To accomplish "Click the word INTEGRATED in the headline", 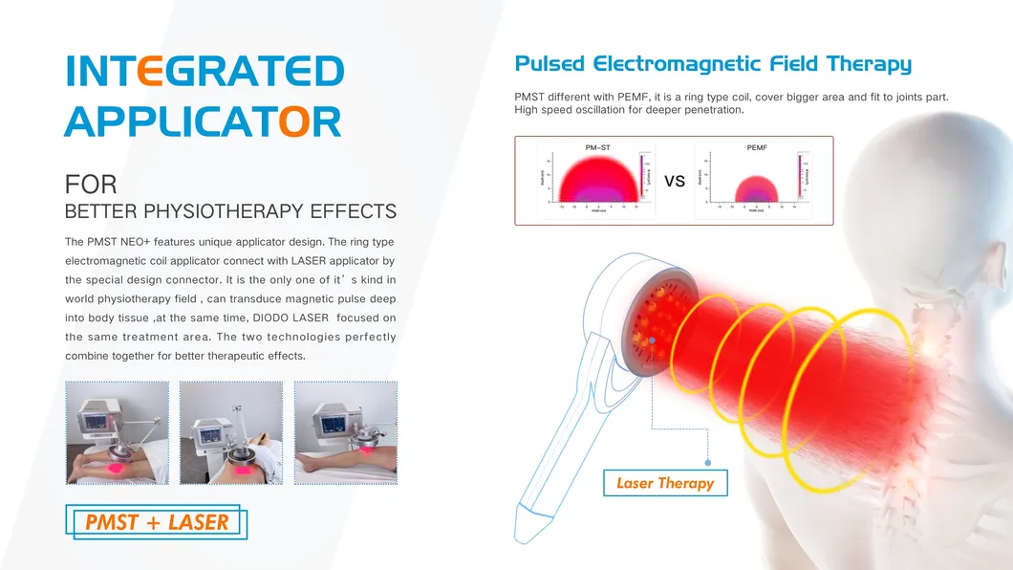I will [x=205, y=72].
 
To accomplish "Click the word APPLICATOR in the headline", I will [x=203, y=121].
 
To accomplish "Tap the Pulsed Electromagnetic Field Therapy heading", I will [x=712, y=64].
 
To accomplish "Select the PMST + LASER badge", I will [x=157, y=522].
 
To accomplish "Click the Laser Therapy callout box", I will [x=664, y=483].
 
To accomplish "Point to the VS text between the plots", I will [x=675, y=181].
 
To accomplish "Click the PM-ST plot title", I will [x=598, y=147].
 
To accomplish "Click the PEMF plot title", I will [x=756, y=147].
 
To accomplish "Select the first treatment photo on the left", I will [x=117, y=432].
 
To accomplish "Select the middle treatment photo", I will [x=230, y=432].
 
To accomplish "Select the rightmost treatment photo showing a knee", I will [x=345, y=432].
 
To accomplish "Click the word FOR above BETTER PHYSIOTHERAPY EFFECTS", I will [x=91, y=185].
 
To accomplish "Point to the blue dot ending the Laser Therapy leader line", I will [x=707, y=461].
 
